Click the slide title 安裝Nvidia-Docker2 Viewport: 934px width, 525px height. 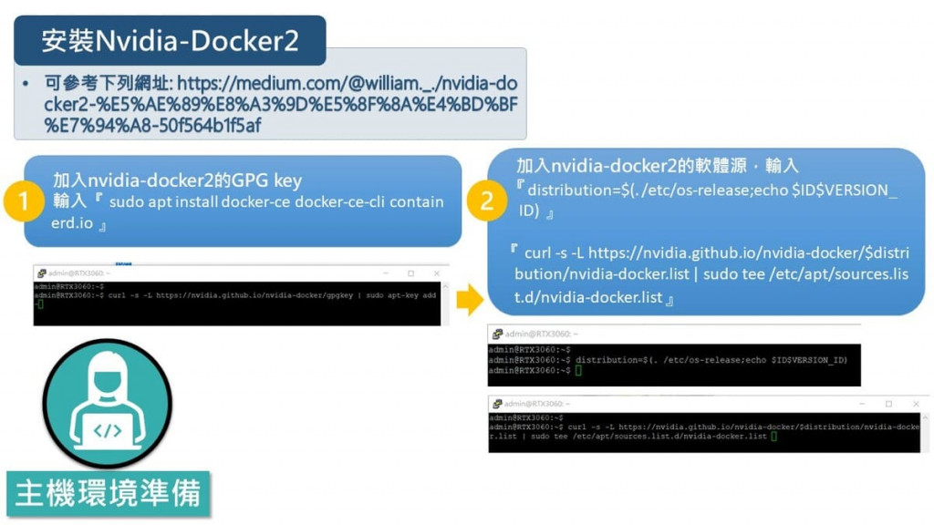click(x=170, y=40)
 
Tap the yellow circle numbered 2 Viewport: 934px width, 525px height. click(x=486, y=201)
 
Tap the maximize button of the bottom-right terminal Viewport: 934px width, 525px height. click(x=888, y=403)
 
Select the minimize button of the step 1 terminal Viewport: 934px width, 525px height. click(x=387, y=273)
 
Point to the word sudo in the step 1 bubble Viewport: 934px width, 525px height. click(x=126, y=201)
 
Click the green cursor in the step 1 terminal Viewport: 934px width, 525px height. click(x=39, y=304)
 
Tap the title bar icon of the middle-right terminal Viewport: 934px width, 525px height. click(x=496, y=334)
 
